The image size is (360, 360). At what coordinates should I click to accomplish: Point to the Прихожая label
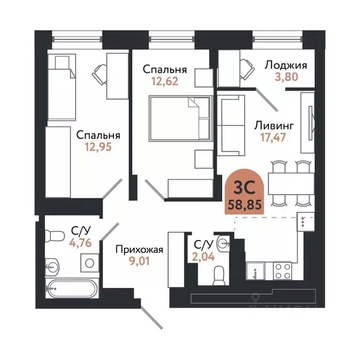coord(139,249)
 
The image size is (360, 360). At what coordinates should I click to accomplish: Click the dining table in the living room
coord(289,183)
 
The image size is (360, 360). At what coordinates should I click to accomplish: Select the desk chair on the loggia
coord(246,69)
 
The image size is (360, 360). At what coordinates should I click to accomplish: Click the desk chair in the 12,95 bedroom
coord(100,73)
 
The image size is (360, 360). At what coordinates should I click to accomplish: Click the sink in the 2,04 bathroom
coord(224,243)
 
